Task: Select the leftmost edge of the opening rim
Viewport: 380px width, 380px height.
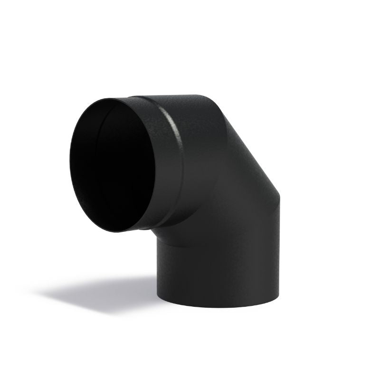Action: [x=70, y=161]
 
